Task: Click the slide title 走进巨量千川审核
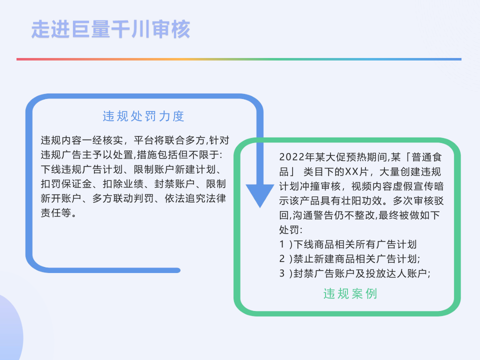point(110,29)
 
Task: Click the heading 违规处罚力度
point(144,116)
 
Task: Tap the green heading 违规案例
point(350,293)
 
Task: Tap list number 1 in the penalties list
point(282,245)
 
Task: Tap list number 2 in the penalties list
point(282,259)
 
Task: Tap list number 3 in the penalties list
point(282,273)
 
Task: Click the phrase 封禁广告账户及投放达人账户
point(362,273)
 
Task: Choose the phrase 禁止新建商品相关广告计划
point(355,259)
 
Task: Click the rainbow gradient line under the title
point(239,59)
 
